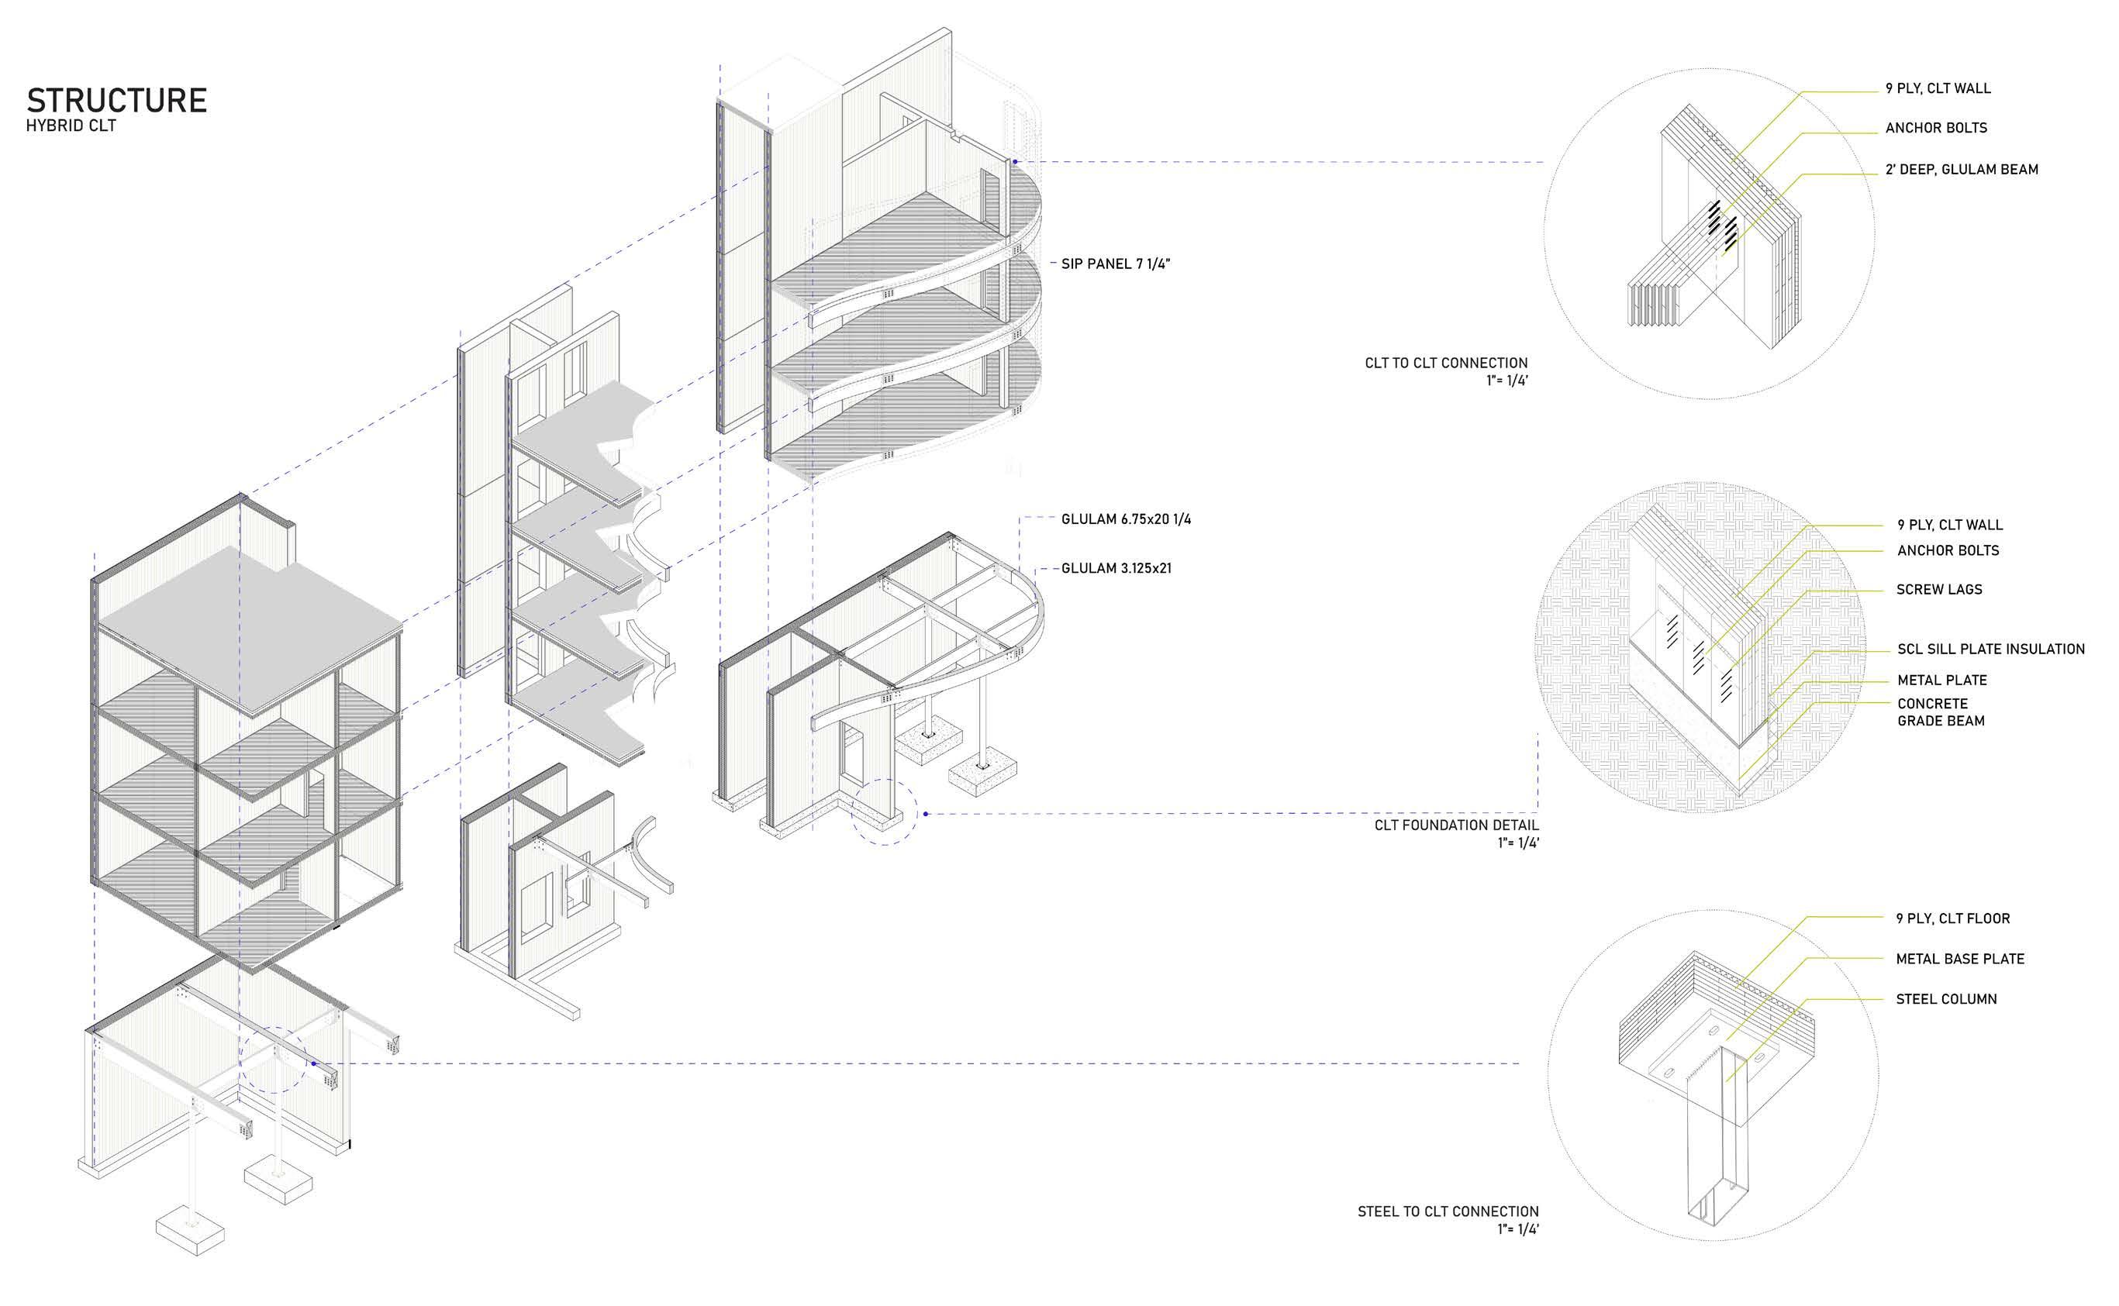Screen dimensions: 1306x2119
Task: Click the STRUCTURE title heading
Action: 116,100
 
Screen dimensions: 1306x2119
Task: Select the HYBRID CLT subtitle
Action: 71,126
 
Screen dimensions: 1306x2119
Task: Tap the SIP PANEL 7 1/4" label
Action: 1115,264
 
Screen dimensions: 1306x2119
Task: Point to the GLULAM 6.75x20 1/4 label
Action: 1126,519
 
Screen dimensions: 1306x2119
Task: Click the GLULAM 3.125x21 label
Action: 1116,568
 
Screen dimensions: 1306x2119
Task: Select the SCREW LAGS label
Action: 1939,590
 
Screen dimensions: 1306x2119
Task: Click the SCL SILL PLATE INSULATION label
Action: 1990,650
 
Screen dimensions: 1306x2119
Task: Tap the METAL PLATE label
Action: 1942,681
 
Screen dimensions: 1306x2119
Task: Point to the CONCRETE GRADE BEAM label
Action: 1940,712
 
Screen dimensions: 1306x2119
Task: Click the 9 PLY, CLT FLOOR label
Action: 1952,919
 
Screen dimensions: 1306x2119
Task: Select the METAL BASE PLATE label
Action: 1959,959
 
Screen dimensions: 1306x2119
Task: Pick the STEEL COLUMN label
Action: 1946,999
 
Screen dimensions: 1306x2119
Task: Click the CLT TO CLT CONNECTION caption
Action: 1445,364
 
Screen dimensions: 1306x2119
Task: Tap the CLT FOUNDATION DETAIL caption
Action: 1455,825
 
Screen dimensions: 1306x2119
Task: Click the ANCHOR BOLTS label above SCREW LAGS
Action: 1948,551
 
